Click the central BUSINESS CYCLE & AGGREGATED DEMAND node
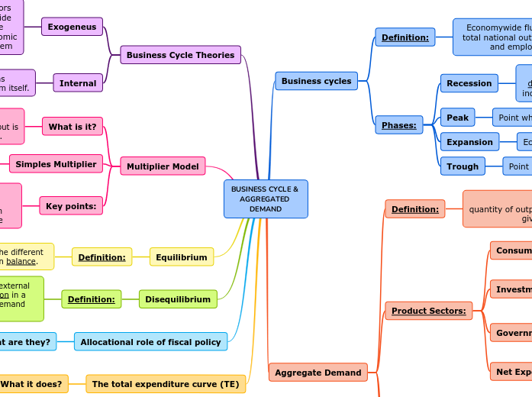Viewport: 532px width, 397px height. [x=266, y=198]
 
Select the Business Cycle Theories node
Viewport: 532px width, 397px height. [x=180, y=55]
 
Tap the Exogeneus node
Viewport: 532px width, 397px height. [x=72, y=27]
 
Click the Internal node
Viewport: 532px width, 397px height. [x=78, y=83]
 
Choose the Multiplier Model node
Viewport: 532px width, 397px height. [x=163, y=166]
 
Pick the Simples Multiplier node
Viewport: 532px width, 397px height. [x=56, y=163]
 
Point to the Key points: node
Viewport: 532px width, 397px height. [x=71, y=205]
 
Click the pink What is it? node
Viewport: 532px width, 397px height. [x=73, y=126]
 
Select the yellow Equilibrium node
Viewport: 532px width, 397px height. [x=181, y=257]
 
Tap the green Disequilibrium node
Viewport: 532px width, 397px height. [x=177, y=299]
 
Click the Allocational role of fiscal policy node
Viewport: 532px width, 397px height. [x=150, y=341]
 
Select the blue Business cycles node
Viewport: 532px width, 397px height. [x=316, y=81]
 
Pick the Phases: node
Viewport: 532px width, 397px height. [x=398, y=124]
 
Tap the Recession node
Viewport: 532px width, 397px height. [x=469, y=83]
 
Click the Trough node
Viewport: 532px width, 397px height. [x=463, y=166]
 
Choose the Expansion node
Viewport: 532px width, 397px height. [x=469, y=142]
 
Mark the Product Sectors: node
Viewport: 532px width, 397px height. [x=428, y=311]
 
